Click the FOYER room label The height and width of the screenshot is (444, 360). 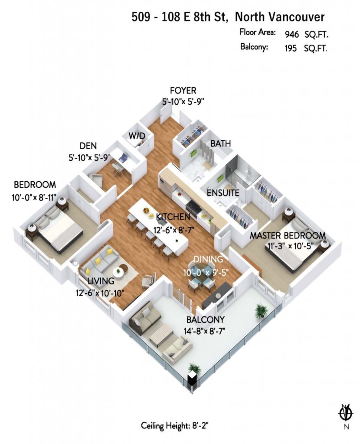(x=183, y=91)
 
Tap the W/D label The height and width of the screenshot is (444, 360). (x=137, y=136)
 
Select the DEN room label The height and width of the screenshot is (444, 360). (x=88, y=146)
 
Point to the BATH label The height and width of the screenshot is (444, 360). (x=220, y=143)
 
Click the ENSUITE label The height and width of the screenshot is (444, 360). (x=223, y=193)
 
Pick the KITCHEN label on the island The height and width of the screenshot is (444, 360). (x=173, y=217)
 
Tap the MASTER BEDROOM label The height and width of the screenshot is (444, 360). (x=288, y=235)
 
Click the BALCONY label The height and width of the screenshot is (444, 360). (x=205, y=320)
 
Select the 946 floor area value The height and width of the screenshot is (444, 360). (x=292, y=34)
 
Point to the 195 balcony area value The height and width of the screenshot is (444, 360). (x=291, y=48)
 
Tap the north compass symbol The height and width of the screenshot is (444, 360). (x=346, y=414)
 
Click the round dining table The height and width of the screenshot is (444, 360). (x=202, y=271)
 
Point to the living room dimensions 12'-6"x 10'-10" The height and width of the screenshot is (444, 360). (x=100, y=293)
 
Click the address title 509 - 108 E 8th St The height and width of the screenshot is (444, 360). (x=180, y=17)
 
